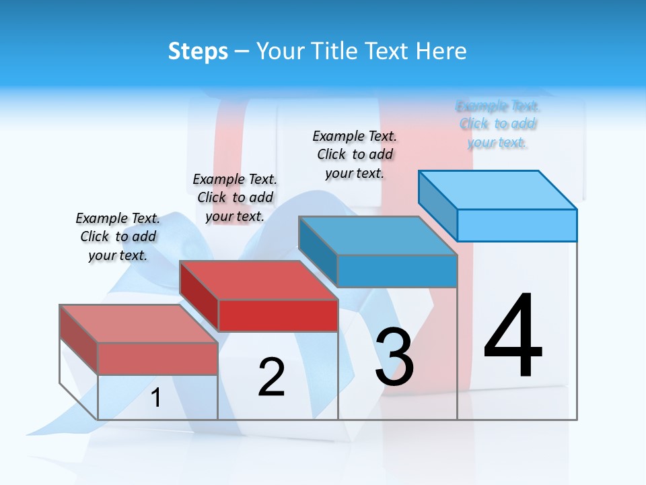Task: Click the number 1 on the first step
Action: point(156,398)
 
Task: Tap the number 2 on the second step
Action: point(271,377)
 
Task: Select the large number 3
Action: point(394,357)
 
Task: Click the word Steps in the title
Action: point(198,51)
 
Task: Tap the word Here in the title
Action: point(441,51)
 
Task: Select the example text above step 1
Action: point(118,236)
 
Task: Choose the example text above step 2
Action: point(235,197)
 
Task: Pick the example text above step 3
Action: point(355,154)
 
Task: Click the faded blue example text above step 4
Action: point(498,124)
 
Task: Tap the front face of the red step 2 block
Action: point(278,315)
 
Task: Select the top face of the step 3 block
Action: point(377,236)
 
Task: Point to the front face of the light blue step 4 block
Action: point(517,225)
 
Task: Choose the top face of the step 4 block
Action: point(497,189)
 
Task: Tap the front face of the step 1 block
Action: point(157,358)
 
